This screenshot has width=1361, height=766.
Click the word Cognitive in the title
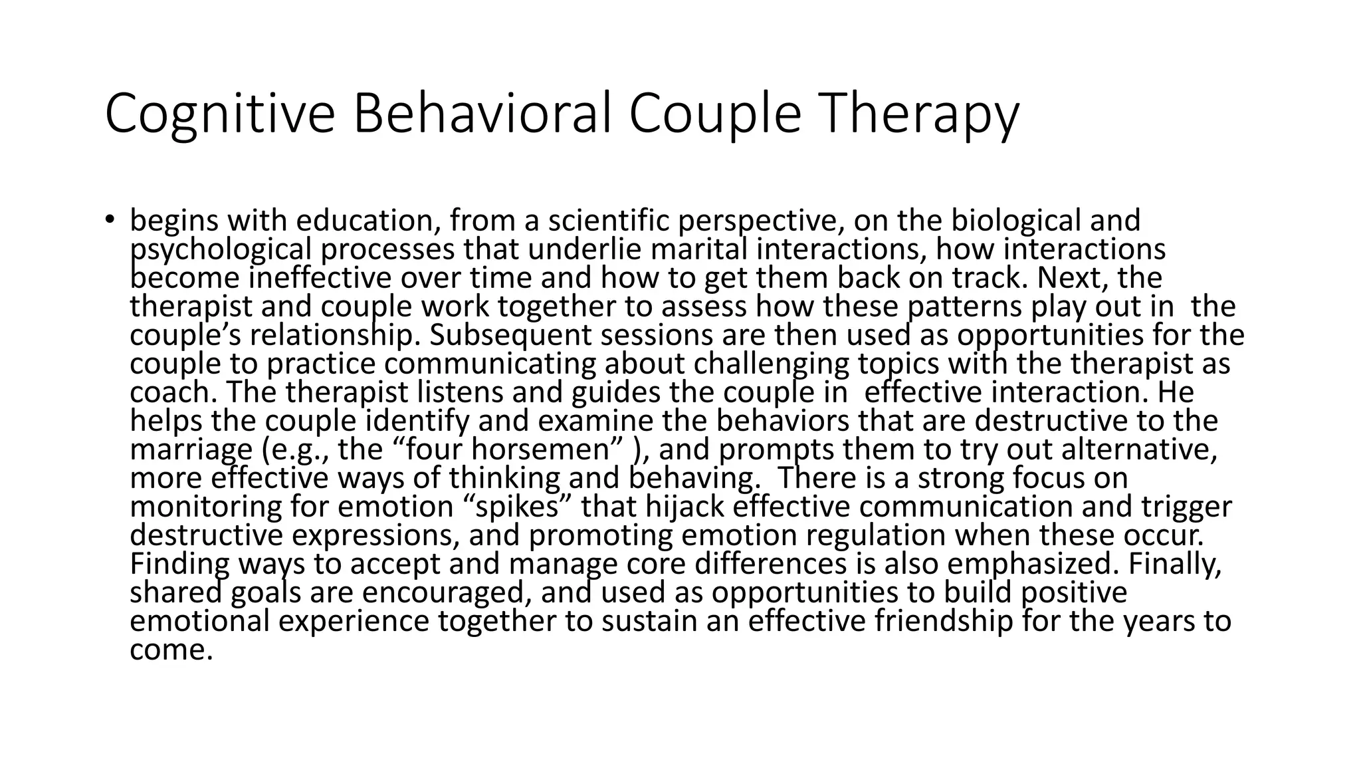tap(219, 114)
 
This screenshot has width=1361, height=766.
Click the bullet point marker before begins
tap(110, 220)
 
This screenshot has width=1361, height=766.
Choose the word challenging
tap(771, 364)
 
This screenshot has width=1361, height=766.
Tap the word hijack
tap(683, 507)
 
